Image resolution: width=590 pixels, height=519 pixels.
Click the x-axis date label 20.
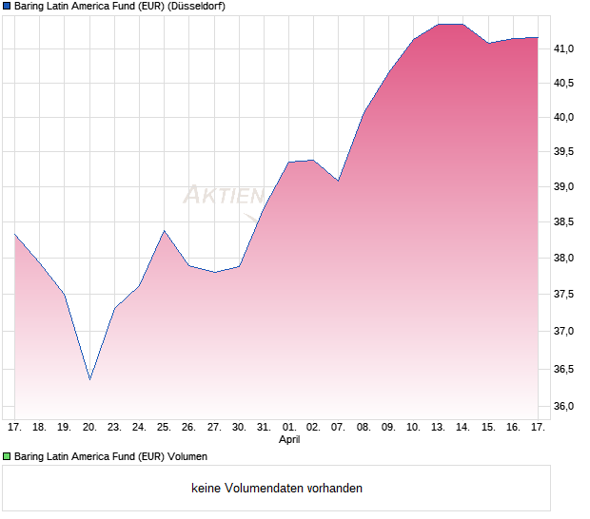pos(89,427)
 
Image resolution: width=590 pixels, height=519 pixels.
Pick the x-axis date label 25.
pos(164,427)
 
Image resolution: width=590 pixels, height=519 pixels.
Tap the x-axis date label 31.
pos(264,427)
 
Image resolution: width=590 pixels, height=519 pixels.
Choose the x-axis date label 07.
pos(338,427)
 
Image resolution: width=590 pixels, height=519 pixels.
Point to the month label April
pos(289,440)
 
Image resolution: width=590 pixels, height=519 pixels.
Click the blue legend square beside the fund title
pos(7,6)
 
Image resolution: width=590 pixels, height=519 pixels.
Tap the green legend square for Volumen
pos(7,456)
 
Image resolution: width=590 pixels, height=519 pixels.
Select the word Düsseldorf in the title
pos(197,6)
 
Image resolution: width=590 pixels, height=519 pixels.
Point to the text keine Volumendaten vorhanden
pos(277,488)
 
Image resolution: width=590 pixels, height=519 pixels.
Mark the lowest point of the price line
pos(89,379)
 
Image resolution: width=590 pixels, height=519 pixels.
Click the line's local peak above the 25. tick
pos(164,230)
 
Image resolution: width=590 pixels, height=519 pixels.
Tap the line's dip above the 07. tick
pos(338,181)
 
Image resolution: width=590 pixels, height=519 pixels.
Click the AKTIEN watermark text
pos(224,196)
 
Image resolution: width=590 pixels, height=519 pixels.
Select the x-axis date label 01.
pos(289,427)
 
